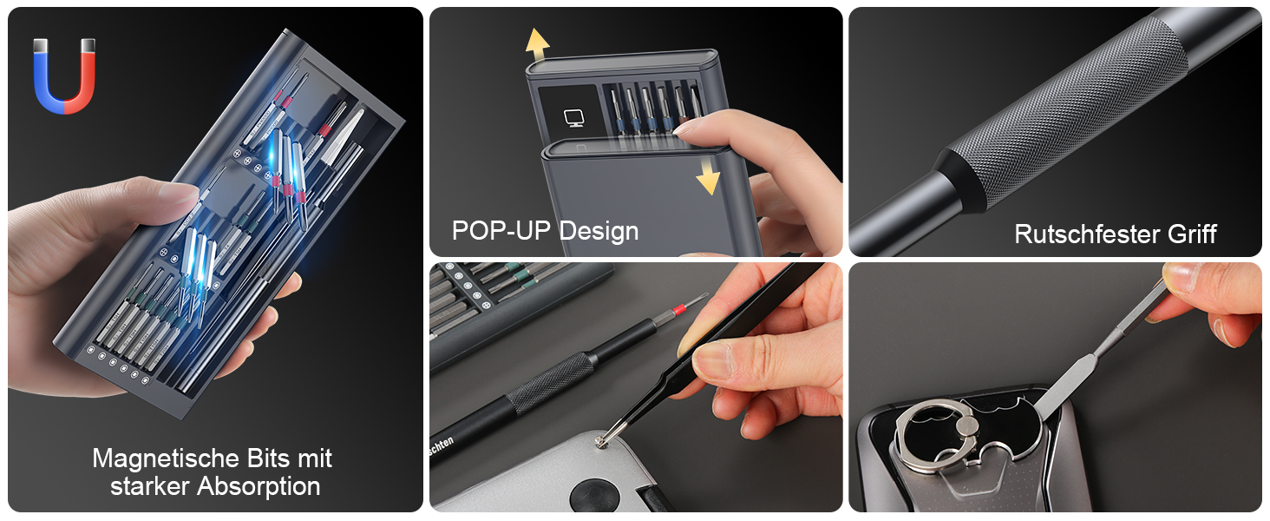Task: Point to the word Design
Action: pyautogui.click(x=599, y=232)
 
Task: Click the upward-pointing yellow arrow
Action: pyautogui.click(x=537, y=44)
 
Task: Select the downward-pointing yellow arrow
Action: pyautogui.click(x=708, y=176)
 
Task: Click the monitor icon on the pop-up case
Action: pyautogui.click(x=573, y=118)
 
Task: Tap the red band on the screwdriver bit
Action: pyautogui.click(x=678, y=310)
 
